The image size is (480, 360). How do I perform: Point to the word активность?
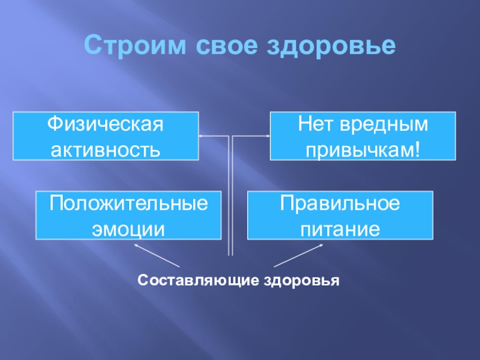coord(106,148)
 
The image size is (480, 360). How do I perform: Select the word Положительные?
coord(128,204)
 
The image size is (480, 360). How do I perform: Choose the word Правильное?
coord(340,204)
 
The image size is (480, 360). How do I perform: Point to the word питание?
coord(340,227)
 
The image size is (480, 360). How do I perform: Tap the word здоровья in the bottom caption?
coord(302,280)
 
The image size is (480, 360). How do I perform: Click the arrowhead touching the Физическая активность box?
coord(202,137)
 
